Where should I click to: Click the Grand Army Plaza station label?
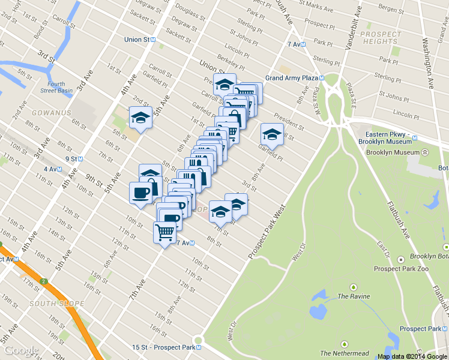(291, 78)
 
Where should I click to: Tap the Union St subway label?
(136, 40)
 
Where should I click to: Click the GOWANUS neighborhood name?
(51, 113)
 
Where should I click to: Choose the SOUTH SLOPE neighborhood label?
(56, 304)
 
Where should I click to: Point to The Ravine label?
(354, 296)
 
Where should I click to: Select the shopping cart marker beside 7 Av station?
(165, 232)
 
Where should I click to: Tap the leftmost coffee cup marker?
(140, 193)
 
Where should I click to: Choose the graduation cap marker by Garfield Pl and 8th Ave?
(271, 134)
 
